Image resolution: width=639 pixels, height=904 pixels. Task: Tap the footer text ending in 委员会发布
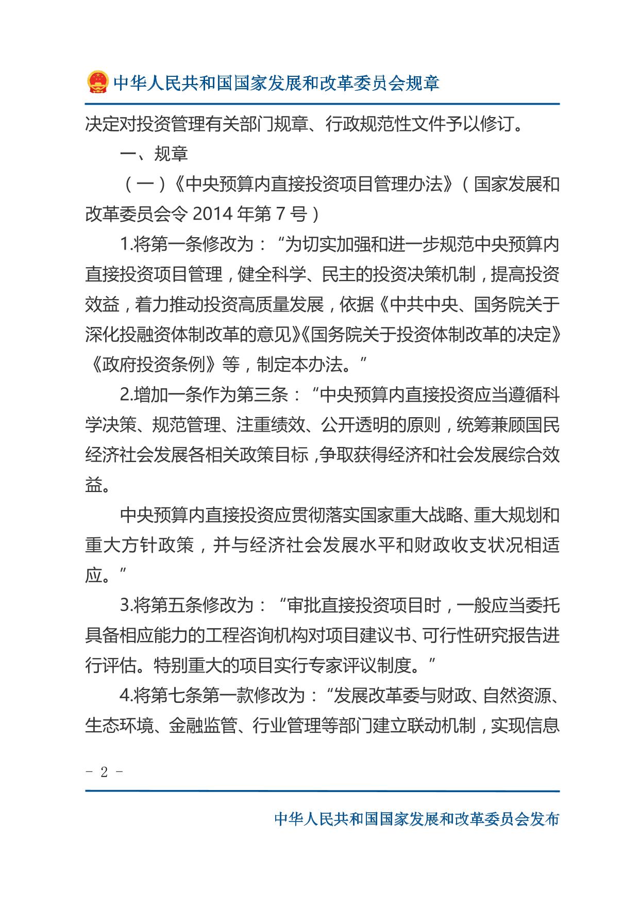[x=416, y=819]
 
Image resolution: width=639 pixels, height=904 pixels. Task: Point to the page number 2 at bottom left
[x=104, y=772]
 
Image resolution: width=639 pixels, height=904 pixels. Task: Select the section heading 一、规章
[x=154, y=154]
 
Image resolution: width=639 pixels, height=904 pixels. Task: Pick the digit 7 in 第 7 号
[x=280, y=214]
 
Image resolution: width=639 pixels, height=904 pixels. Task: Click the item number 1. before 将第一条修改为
[x=126, y=244]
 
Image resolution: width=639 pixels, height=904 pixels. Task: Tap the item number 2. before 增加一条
[x=126, y=395]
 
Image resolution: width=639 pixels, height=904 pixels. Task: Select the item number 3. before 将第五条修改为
[x=126, y=605]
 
